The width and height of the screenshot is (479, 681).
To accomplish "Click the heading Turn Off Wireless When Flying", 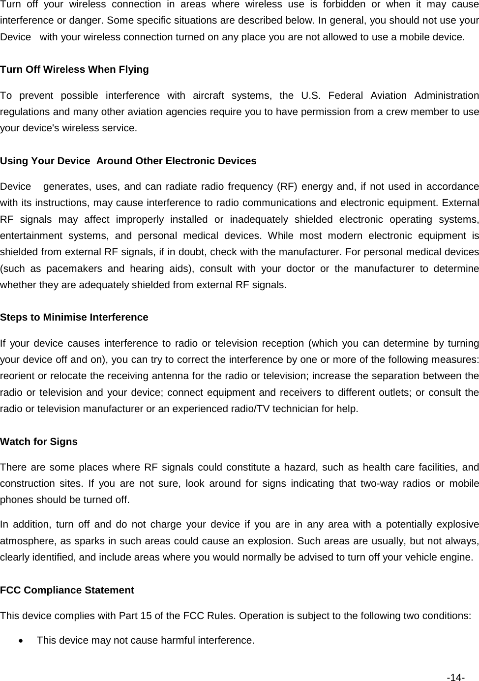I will coord(74,69).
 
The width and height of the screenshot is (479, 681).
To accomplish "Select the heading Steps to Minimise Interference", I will coord(74,317).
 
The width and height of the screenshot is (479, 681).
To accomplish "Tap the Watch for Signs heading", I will coord(39,442).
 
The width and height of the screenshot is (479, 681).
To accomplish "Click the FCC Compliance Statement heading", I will coord(67,590).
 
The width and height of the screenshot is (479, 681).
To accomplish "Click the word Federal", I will coord(345,95).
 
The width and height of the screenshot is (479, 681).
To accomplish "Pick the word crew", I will coord(391,112).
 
